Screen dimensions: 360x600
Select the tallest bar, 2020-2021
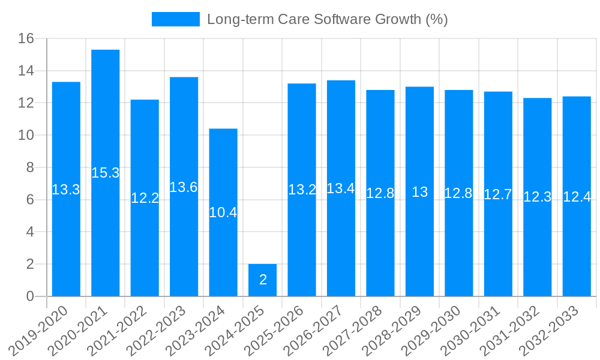click(x=106, y=120)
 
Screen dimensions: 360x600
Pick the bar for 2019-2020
click(x=66, y=240)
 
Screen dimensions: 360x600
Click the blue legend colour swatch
click(x=175, y=19)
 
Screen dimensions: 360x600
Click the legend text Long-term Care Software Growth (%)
click(x=328, y=19)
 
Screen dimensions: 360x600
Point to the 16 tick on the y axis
click(x=26, y=39)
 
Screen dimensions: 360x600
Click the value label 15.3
click(x=106, y=173)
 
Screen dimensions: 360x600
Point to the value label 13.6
click(x=184, y=187)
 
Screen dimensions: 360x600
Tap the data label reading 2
click(x=263, y=280)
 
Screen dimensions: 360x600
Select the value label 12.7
click(x=498, y=194)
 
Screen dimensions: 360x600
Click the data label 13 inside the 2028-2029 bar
click(x=419, y=192)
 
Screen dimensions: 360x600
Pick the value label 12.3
click(x=537, y=197)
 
